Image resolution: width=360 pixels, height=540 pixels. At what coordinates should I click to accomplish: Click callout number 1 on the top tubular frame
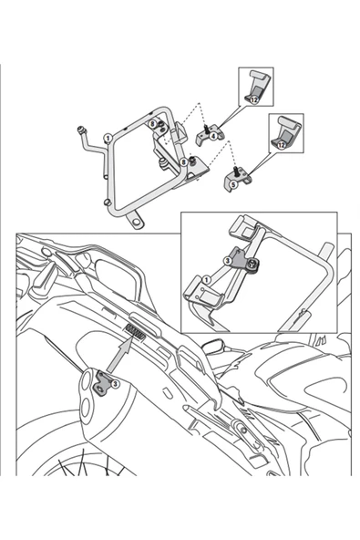[x=108, y=139]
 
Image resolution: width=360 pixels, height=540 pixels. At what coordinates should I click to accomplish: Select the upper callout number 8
[x=153, y=123]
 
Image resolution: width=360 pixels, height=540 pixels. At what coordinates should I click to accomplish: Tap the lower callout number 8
[x=183, y=161]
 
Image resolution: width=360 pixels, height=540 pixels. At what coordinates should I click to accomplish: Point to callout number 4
[x=213, y=136]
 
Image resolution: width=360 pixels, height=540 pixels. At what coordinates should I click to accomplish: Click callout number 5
[x=234, y=183]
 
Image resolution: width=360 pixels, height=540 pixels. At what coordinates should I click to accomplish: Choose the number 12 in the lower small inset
[x=282, y=145]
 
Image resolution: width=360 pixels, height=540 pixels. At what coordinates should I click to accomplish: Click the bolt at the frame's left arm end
[x=82, y=130]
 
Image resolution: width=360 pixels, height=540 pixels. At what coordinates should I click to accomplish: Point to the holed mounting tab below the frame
[x=135, y=222]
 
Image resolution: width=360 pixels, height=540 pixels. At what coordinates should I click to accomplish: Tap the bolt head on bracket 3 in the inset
[x=252, y=265]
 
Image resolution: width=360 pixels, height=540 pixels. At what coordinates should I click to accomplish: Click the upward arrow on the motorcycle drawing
[x=118, y=358]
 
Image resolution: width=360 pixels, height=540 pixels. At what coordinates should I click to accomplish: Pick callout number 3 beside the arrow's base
[x=115, y=384]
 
